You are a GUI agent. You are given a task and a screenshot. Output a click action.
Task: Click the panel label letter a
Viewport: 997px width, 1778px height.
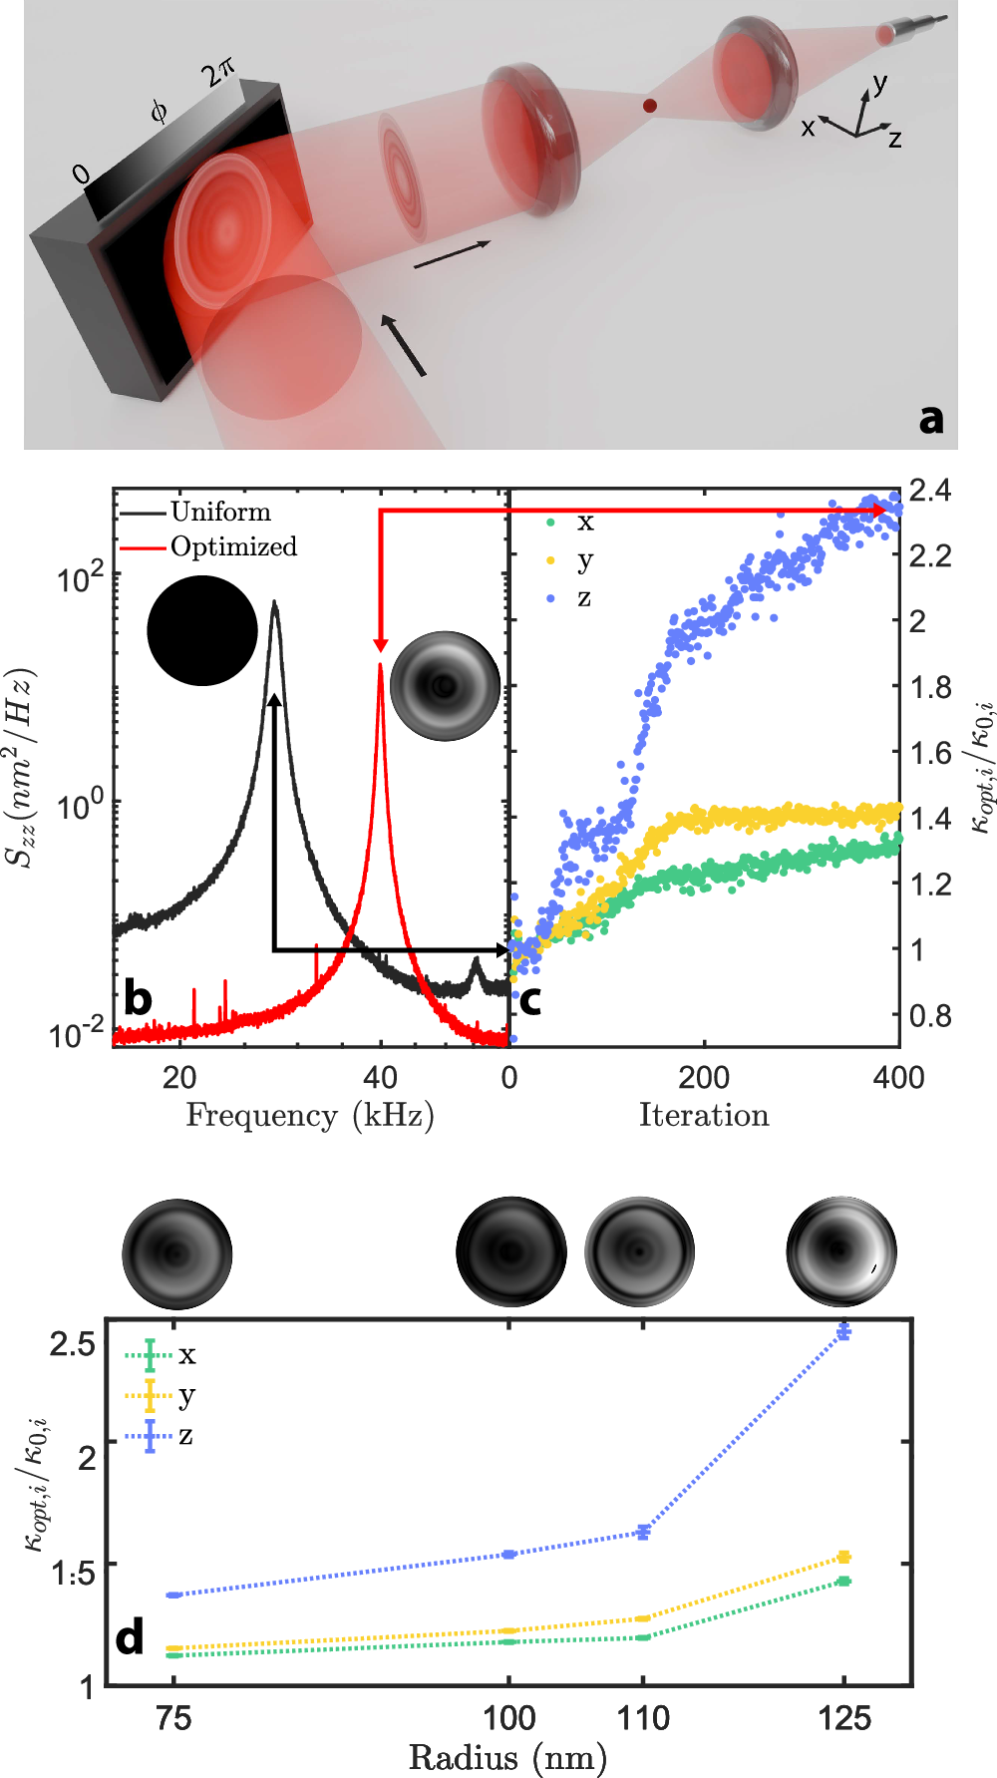click(x=930, y=419)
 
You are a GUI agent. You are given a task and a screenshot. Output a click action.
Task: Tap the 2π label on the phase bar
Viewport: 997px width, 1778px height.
click(x=217, y=73)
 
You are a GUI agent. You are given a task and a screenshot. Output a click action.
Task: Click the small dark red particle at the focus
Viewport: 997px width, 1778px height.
click(x=649, y=106)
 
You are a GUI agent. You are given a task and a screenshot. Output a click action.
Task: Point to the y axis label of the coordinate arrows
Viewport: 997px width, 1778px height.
click(x=879, y=83)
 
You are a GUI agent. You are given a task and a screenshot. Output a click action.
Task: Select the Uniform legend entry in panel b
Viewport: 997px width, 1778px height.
click(x=220, y=512)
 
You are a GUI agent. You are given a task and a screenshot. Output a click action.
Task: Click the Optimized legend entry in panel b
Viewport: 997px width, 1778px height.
click(x=233, y=546)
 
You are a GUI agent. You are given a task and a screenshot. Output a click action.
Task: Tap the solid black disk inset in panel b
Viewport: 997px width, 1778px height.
click(x=202, y=631)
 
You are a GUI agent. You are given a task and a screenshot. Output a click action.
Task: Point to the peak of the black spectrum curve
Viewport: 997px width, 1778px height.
click(x=275, y=603)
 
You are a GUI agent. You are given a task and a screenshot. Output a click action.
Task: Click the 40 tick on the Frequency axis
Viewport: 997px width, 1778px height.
click(x=380, y=1077)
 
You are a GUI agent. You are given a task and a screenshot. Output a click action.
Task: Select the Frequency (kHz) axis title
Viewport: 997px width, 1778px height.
click(x=310, y=1115)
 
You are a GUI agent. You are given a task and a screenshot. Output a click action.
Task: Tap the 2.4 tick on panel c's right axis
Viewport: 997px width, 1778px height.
click(x=929, y=490)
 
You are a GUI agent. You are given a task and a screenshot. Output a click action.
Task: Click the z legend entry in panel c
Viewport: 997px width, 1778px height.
click(x=584, y=598)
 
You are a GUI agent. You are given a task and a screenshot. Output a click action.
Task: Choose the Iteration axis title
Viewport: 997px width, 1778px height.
click(x=704, y=1115)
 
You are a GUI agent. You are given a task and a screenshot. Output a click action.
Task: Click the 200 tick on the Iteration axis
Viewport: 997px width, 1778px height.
click(x=704, y=1077)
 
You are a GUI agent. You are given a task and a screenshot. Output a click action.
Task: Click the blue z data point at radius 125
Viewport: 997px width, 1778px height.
click(x=843, y=1332)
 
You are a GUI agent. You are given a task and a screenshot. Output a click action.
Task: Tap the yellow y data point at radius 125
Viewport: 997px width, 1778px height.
click(x=843, y=1557)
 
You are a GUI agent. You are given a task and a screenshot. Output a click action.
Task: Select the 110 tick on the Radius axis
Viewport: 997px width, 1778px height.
click(x=643, y=1718)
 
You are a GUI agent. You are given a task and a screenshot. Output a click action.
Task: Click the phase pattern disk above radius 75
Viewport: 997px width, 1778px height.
click(x=177, y=1253)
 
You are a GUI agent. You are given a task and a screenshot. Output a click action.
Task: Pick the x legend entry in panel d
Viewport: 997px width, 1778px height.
click(x=186, y=1354)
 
